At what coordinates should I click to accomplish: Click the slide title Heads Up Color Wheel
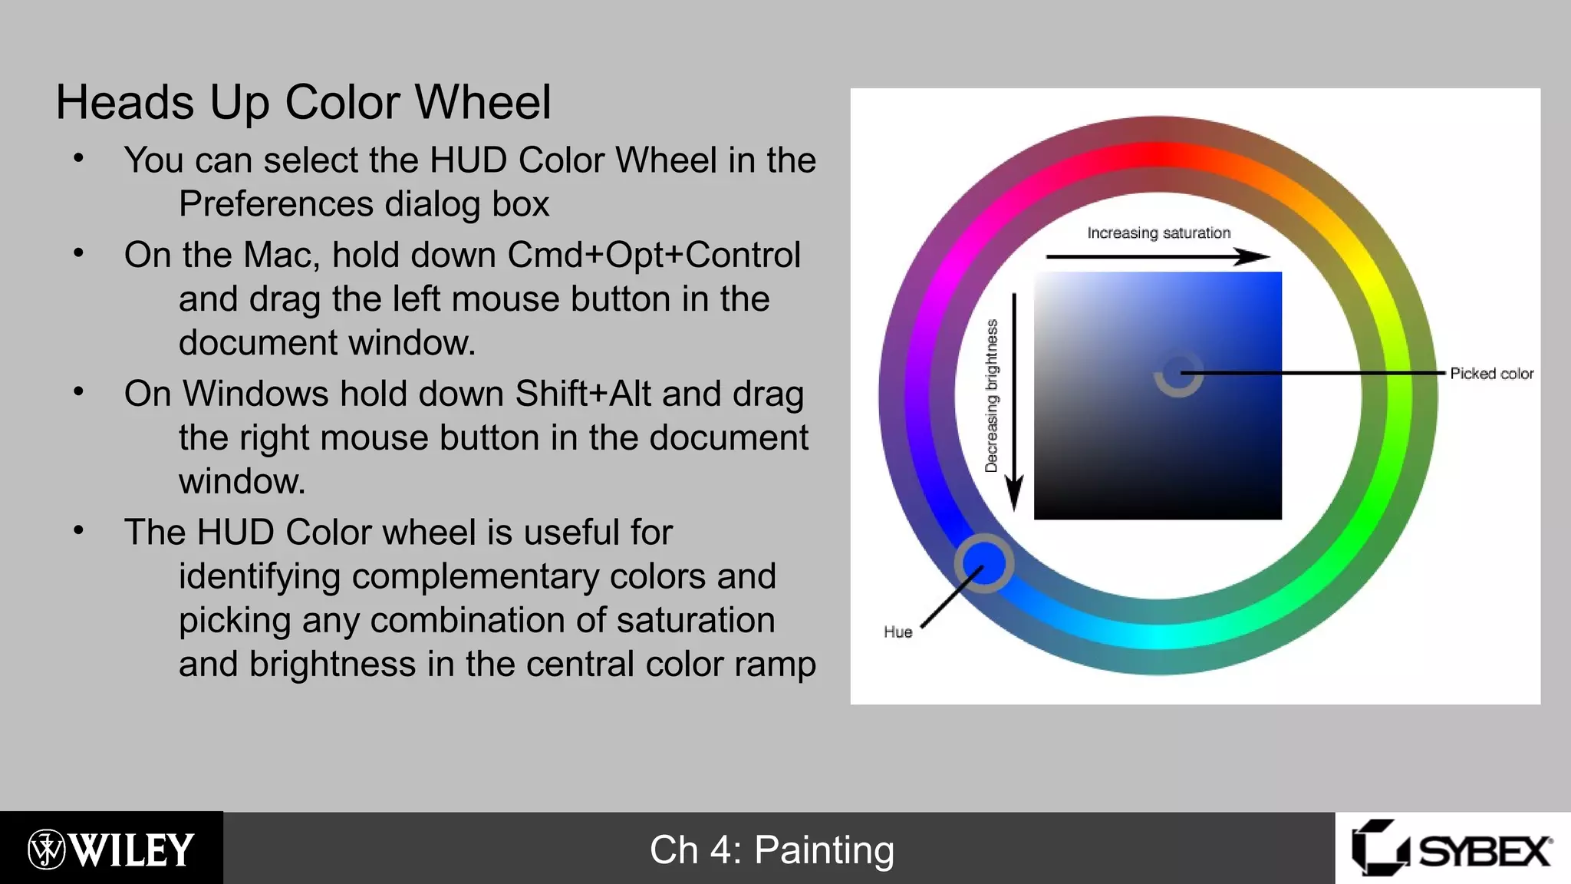point(303,103)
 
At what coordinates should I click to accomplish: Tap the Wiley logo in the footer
point(111,849)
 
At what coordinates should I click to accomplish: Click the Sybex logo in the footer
point(1452,849)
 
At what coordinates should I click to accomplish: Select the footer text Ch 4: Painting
point(772,850)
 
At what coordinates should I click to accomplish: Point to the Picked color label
point(1491,374)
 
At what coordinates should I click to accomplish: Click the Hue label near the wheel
point(897,632)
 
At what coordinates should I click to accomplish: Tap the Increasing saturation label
point(1158,233)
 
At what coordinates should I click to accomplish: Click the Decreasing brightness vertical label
point(992,395)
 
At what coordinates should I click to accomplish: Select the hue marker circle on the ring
point(984,563)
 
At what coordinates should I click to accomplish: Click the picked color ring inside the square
point(1178,374)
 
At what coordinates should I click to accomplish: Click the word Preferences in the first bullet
point(276,204)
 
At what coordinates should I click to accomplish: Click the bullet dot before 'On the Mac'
point(78,252)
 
